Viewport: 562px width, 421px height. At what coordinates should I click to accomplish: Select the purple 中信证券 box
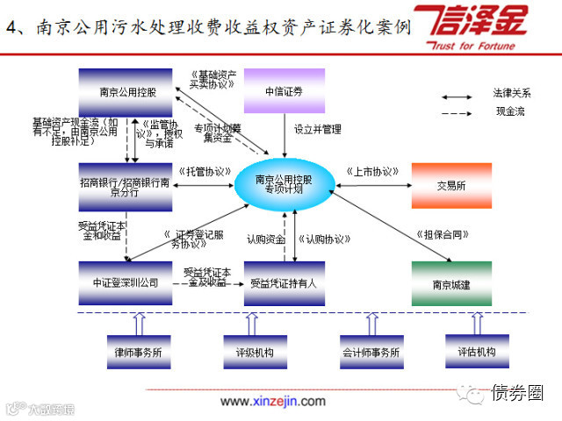tap(283, 90)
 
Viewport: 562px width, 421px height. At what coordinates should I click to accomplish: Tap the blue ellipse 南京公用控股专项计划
tap(283, 184)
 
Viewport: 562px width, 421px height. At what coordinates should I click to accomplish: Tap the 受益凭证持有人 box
tap(283, 282)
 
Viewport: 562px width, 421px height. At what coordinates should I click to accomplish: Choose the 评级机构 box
tap(255, 352)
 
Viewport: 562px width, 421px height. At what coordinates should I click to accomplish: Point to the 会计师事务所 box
tap(370, 352)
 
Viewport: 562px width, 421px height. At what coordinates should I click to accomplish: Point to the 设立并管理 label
tap(318, 130)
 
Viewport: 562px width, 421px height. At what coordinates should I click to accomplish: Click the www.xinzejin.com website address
tap(272, 401)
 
